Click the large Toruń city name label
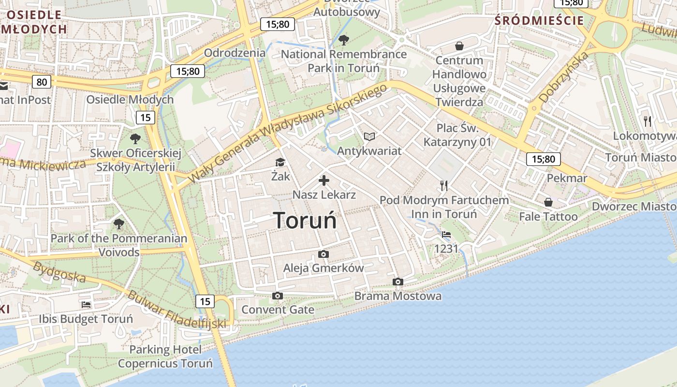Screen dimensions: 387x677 click(305, 220)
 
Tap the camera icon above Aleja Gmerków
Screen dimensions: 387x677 click(324, 254)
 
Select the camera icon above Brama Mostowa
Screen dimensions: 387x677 click(398, 282)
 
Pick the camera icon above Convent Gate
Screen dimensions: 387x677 click(278, 296)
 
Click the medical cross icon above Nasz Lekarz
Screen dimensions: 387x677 click(324, 181)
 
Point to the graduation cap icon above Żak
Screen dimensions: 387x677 click(280, 163)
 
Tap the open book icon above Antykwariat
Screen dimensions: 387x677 click(369, 137)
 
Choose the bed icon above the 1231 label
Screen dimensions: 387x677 click(446, 235)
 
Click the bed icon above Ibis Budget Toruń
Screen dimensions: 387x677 click(86, 305)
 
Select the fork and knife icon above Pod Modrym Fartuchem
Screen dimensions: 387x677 click(444, 185)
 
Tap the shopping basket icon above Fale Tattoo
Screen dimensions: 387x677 click(548, 202)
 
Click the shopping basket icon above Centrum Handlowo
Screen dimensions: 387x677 click(459, 46)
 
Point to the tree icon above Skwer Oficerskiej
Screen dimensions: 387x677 click(135, 139)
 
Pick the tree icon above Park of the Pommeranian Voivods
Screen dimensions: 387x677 click(119, 224)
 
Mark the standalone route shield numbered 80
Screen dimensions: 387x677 click(42, 82)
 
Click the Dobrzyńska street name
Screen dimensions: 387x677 click(564, 77)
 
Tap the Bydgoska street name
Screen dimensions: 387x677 click(59, 272)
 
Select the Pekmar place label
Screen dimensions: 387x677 click(567, 178)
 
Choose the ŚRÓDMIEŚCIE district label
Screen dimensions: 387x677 click(539, 20)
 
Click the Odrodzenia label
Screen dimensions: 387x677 click(235, 53)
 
